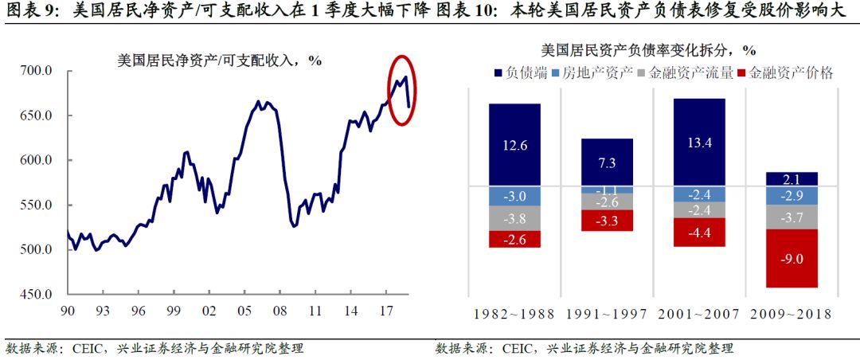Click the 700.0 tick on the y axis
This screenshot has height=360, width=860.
pos(36,72)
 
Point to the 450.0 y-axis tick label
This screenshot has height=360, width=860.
pos(36,295)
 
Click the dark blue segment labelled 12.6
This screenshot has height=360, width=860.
pos(514,144)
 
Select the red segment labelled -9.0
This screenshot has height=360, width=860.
pos(792,258)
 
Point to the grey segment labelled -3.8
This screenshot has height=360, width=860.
pos(514,218)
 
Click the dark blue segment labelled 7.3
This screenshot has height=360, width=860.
pos(607,162)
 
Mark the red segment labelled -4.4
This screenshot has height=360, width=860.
pos(698,233)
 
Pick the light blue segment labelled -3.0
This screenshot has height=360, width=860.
pos(514,197)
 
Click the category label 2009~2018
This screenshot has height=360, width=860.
pos(792,315)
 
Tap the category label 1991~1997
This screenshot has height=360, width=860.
pos(607,315)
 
